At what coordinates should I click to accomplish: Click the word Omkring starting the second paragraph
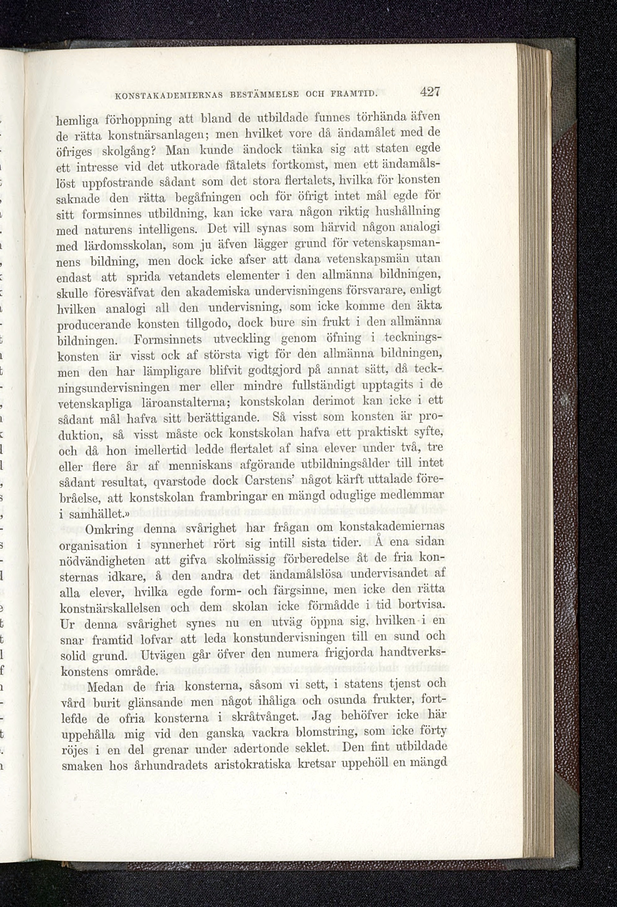109,530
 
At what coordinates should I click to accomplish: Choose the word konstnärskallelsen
110,608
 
